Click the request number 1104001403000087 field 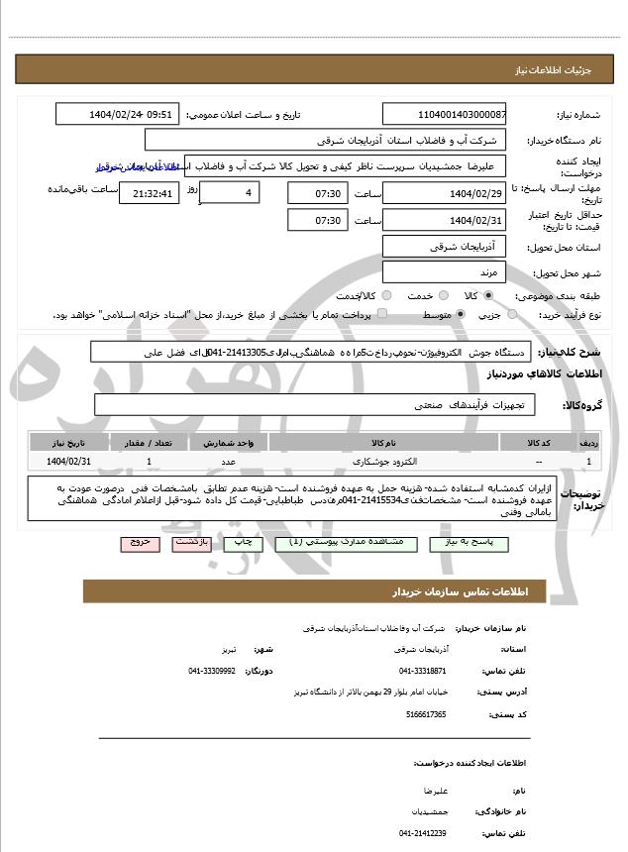pos(444,114)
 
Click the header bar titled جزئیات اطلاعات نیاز pos(314,70)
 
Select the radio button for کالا pos(488,295)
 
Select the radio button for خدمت pos(442,295)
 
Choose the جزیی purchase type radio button pos(512,314)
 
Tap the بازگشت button pos(189,543)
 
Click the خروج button pos(138,543)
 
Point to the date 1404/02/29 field pos(444,192)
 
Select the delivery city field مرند pos(444,271)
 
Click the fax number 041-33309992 pos(212,671)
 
